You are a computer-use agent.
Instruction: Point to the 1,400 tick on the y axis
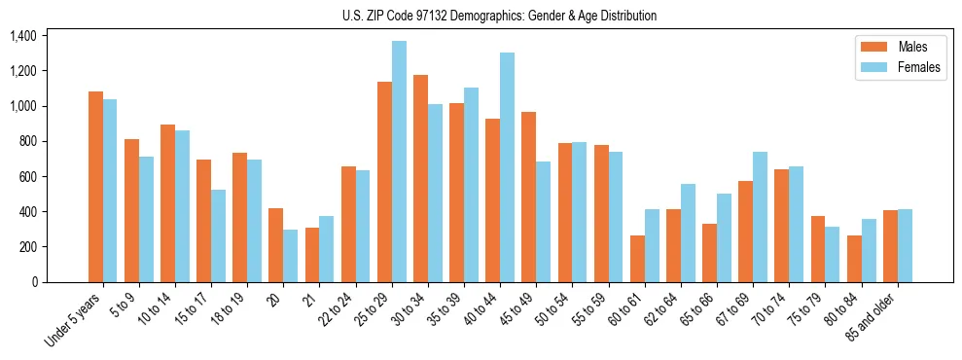click(x=22, y=36)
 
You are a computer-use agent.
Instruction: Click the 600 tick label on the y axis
click(x=26, y=176)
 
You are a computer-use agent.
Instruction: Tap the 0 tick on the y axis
click(x=34, y=282)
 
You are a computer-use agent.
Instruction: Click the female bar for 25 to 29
click(x=399, y=162)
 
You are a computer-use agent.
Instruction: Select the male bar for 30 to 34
click(x=420, y=178)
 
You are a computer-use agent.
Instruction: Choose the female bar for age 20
click(x=291, y=256)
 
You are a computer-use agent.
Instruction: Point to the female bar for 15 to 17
click(x=219, y=235)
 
